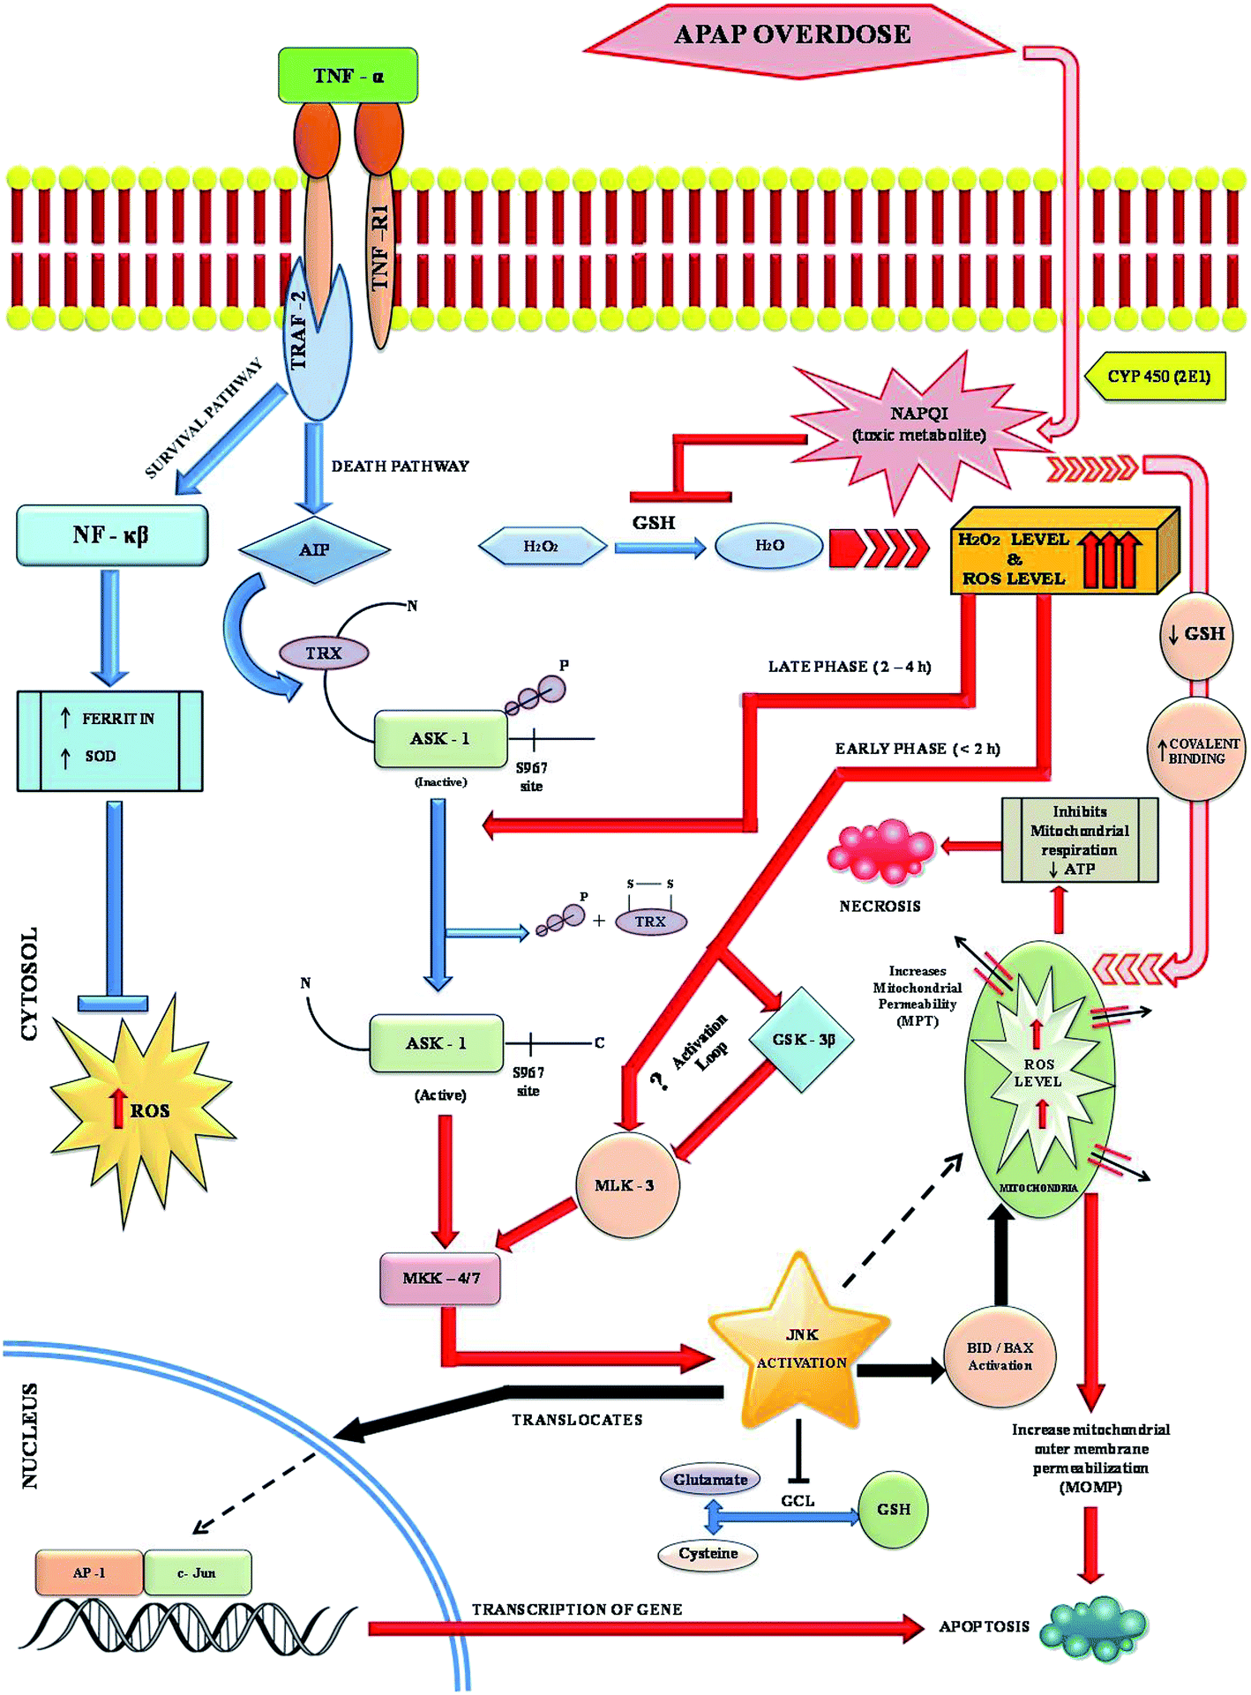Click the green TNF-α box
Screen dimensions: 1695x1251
(348, 76)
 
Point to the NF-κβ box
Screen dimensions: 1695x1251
(112, 535)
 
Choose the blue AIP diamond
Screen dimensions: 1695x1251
(314, 550)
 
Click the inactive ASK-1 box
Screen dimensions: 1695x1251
(440, 739)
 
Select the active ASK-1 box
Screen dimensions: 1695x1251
(436, 1043)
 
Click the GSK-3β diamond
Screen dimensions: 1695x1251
(803, 1040)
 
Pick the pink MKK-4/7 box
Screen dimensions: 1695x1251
(440, 1279)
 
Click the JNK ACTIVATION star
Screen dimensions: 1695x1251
(800, 1348)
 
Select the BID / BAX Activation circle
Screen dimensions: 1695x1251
(1000, 1356)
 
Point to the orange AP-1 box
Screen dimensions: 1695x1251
(89, 1573)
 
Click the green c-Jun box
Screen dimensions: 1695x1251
(197, 1573)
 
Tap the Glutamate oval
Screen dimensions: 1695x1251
(710, 1480)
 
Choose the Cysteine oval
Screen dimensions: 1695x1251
(708, 1554)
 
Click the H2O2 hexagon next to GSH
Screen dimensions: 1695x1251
(542, 547)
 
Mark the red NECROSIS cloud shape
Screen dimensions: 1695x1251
(880, 851)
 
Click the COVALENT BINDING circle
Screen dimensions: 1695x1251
(1196, 750)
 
